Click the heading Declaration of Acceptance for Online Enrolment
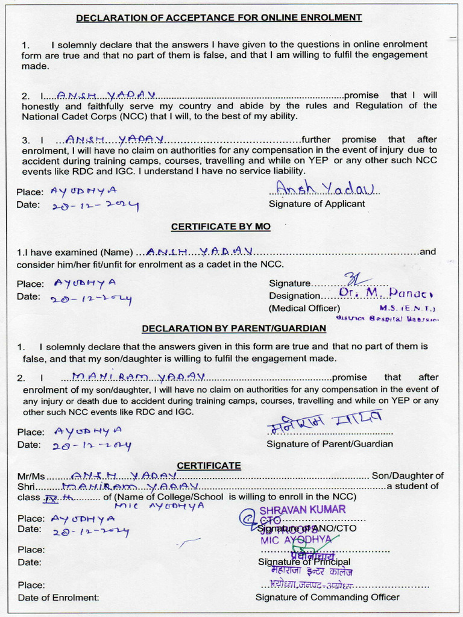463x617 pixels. click(219, 17)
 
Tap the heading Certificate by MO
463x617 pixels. click(221, 227)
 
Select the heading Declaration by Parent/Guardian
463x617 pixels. click(234, 328)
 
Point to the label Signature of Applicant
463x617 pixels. click(317, 204)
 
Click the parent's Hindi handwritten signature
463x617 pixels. click(324, 421)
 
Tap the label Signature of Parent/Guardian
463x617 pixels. click(330, 444)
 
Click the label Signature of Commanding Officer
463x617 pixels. click(327, 597)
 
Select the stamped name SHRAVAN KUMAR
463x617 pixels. click(303, 510)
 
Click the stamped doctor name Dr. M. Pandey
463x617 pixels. click(386, 293)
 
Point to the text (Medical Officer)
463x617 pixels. click(304, 308)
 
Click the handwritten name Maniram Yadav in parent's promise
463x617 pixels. click(139, 377)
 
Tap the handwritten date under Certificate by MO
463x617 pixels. click(92, 298)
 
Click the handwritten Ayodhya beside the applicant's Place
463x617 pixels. click(84, 191)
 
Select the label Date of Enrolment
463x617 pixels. click(58, 598)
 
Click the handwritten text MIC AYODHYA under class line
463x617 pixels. click(159, 506)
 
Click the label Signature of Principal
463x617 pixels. click(304, 562)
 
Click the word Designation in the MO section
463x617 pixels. click(295, 296)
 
